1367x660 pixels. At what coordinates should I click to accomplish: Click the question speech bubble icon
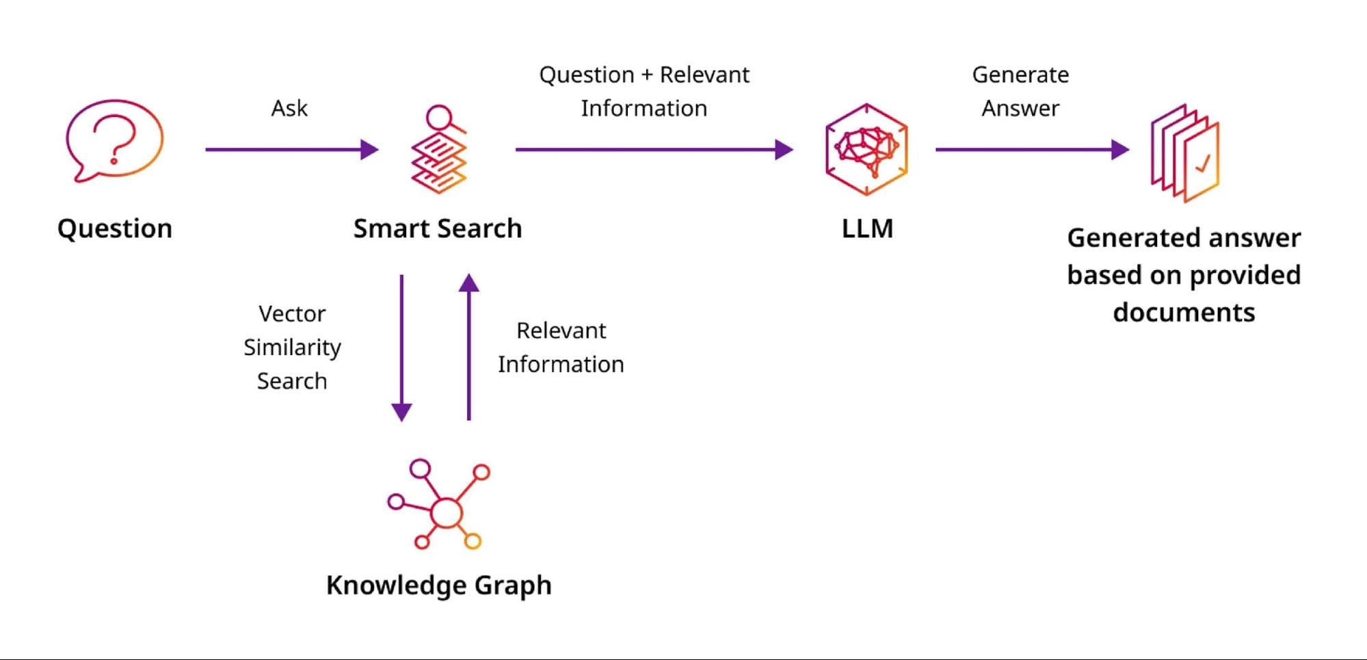coord(114,140)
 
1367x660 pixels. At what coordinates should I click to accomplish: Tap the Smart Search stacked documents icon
coord(439,150)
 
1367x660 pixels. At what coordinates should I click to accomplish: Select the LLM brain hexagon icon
coord(866,150)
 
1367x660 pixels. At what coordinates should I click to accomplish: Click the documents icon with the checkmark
coord(1185,153)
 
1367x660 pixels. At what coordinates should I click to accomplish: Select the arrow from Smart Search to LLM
coord(654,149)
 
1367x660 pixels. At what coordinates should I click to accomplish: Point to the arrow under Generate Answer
coord(1032,149)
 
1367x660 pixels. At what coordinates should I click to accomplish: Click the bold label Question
coord(115,228)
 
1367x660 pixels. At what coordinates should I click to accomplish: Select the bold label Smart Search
coord(438,228)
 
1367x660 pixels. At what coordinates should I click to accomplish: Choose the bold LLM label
coord(867,228)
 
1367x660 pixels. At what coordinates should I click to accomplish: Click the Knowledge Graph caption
coord(439,585)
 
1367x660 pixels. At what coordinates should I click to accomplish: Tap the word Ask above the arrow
coord(289,108)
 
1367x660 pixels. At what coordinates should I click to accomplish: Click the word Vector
coord(292,314)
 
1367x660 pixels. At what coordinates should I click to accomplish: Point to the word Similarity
coord(292,347)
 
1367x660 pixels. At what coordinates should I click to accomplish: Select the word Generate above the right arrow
coord(1020,75)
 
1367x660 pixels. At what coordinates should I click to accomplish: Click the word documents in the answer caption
coord(1184,313)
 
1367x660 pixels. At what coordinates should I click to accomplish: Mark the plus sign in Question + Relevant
coord(647,75)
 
